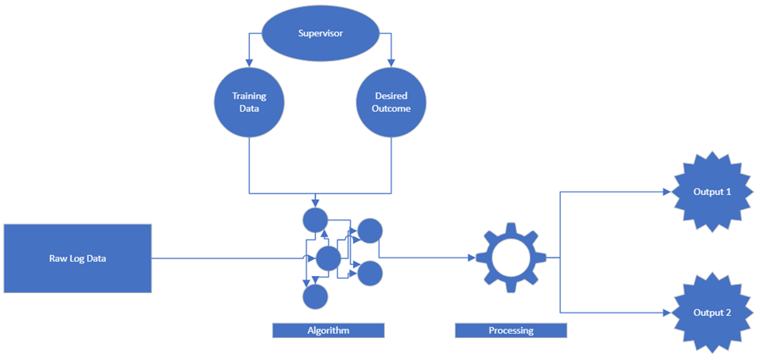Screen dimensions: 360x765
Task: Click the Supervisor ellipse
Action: click(319, 34)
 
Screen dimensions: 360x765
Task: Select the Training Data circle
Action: click(249, 102)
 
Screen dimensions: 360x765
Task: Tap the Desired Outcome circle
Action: click(390, 102)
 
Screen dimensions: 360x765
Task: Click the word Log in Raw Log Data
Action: click(76, 258)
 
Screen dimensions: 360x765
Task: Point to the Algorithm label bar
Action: click(328, 330)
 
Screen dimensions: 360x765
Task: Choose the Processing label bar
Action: click(510, 330)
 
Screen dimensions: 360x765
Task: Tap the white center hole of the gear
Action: click(510, 258)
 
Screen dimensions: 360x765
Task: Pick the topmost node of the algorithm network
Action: click(315, 220)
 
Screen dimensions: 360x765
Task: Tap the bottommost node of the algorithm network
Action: click(315, 296)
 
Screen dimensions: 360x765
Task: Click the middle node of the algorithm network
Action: click(328, 258)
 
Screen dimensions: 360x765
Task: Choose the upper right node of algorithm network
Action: click(369, 230)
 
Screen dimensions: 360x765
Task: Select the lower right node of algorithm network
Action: click(369, 274)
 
